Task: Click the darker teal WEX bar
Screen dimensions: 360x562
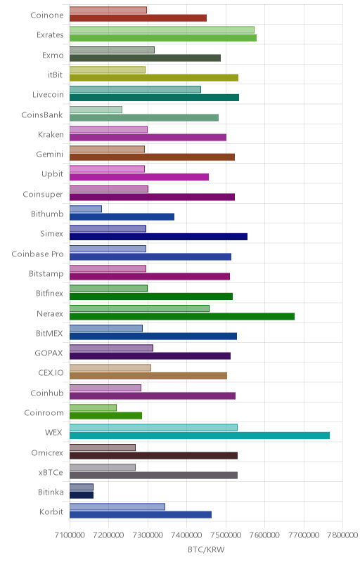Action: pos(200,436)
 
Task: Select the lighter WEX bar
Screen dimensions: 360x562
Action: pos(153,428)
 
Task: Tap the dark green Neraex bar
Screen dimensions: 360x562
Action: pos(182,317)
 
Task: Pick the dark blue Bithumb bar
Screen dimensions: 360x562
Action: pos(122,217)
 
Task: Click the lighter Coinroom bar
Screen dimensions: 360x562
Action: pos(93,407)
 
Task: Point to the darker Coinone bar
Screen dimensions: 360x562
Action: pos(138,18)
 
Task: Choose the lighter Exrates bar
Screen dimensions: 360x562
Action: pos(162,30)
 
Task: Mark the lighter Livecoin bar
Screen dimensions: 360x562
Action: pos(135,90)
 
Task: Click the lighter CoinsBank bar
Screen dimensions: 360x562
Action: pos(96,110)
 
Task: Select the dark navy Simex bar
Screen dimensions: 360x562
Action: pos(158,237)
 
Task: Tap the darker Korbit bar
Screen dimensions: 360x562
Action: pos(141,515)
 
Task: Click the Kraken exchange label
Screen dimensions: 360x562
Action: pos(51,135)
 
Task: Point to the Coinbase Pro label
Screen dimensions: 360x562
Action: pos(38,254)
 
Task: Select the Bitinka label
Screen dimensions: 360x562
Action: pos(51,492)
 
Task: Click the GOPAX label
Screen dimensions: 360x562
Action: pos(49,353)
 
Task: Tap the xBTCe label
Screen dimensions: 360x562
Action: pos(51,473)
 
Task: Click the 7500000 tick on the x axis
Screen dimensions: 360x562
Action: pos(226,535)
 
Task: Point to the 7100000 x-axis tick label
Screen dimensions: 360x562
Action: pos(70,535)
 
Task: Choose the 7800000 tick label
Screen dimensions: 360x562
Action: pos(342,535)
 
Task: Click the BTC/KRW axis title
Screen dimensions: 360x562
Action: pos(206,550)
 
